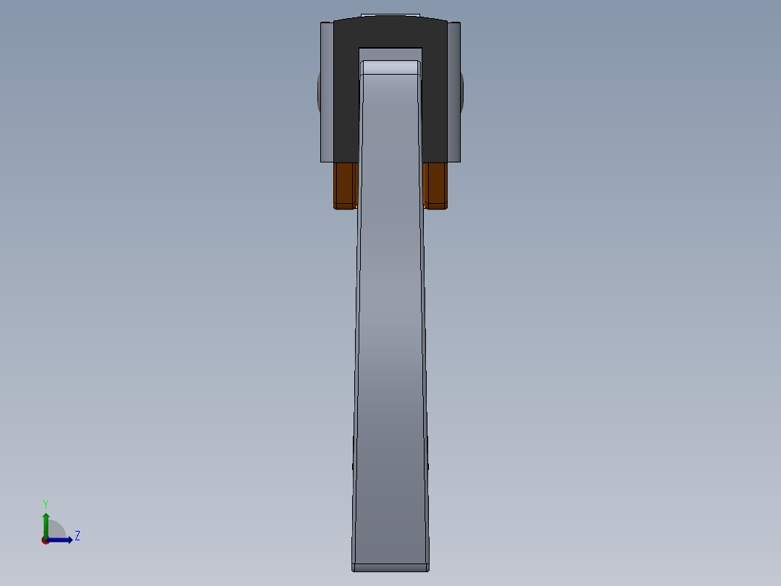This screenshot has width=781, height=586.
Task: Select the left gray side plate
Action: (327, 91)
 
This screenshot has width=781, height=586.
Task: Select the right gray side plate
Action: (454, 91)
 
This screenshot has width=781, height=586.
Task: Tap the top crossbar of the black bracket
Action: (390, 32)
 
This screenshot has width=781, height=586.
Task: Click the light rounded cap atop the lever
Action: (390, 67)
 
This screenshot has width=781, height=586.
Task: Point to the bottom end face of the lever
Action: (390, 566)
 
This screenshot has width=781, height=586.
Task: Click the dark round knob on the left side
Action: (318, 91)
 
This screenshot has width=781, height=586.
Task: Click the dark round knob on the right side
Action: (461, 91)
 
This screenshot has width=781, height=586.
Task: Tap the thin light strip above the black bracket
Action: (390, 15)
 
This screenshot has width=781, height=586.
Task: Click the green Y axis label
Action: (45, 503)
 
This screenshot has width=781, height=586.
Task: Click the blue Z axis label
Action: (77, 536)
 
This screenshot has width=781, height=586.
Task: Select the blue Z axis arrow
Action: (62, 540)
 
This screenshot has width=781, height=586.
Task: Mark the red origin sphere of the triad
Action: (46, 540)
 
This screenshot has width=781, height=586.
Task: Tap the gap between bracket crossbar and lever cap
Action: (390, 54)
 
